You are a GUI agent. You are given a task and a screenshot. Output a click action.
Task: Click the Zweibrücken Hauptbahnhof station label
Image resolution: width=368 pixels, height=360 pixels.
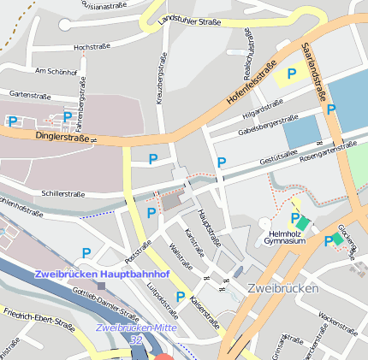[102, 274]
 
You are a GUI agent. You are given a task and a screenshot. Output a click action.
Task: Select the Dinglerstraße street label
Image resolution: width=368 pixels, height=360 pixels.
[62, 136]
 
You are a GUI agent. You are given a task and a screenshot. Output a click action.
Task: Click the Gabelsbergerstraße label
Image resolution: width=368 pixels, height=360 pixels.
[268, 125]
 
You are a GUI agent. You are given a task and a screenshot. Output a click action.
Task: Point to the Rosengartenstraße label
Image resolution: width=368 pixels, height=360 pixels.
[329, 148]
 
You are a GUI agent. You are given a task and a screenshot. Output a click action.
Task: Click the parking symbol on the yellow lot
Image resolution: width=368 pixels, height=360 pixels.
[292, 75]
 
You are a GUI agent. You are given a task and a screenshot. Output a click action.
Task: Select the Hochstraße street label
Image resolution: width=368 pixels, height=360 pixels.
[95, 47]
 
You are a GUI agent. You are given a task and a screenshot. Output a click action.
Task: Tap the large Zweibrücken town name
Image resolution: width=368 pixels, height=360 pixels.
[282, 288]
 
